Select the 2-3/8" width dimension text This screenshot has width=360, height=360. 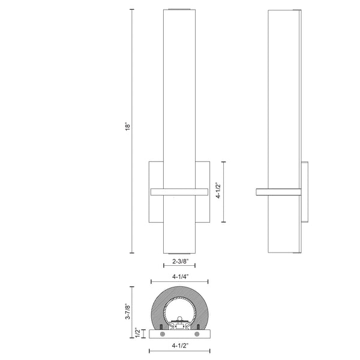pyautogui.click(x=179, y=262)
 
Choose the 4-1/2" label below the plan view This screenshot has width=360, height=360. pyautogui.click(x=179, y=346)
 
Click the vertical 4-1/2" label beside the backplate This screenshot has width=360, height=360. pyautogui.click(x=219, y=191)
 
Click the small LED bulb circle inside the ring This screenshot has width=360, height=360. pyautogui.click(x=179, y=318)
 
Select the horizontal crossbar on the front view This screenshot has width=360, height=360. pyautogui.click(x=179, y=191)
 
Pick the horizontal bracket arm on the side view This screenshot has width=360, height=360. pyautogui.click(x=278, y=191)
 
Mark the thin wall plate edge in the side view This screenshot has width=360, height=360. pyautogui.click(x=306, y=191)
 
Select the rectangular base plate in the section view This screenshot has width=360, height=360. pyautogui.click(x=179, y=332)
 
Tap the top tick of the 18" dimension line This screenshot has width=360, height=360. pyautogui.click(x=133, y=10)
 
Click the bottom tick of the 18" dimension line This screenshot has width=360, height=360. pyautogui.click(x=133, y=253)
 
